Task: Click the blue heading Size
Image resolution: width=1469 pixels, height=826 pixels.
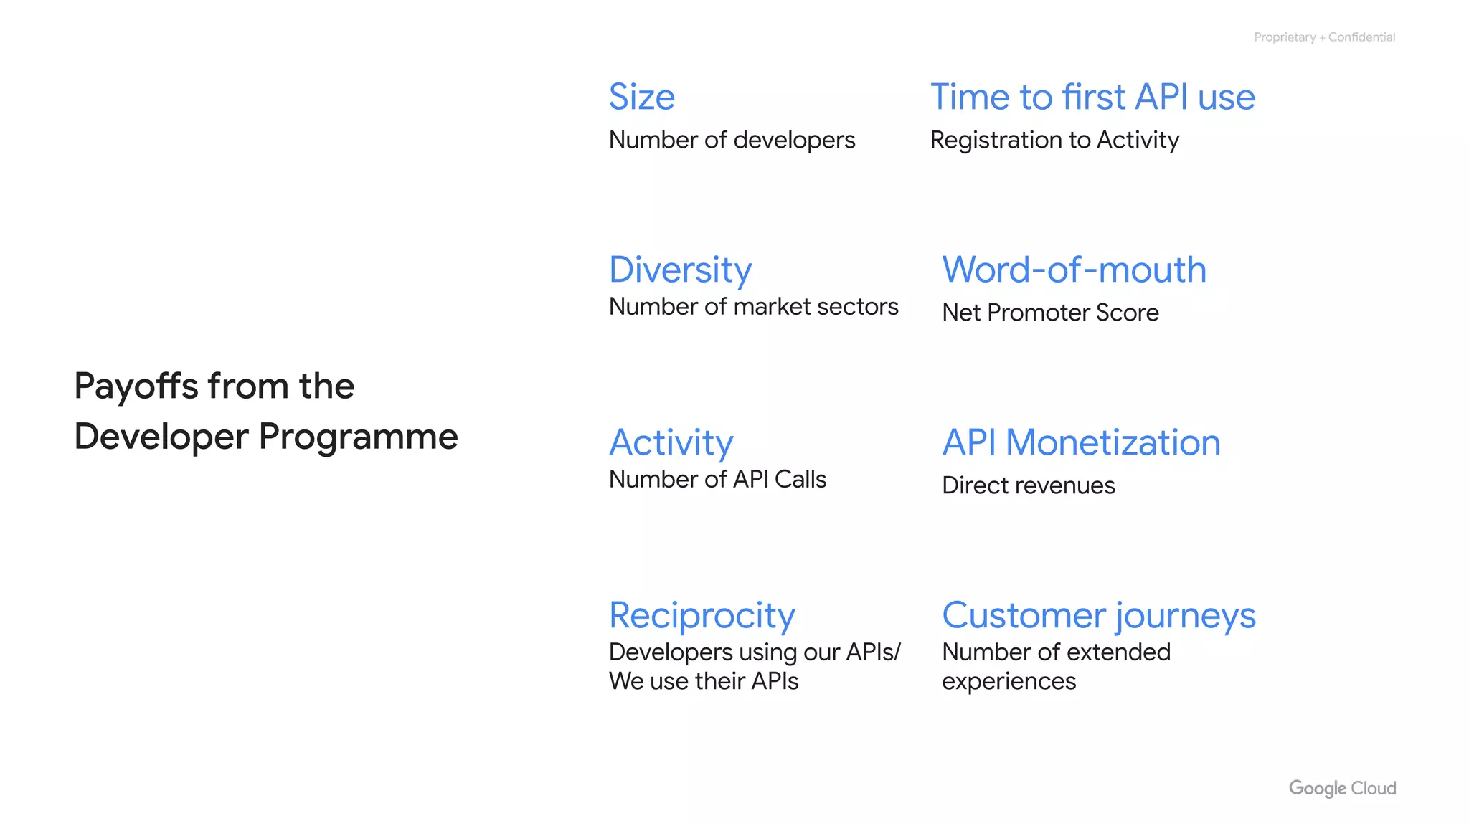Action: pos(641,97)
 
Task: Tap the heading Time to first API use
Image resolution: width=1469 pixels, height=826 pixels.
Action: pos(1092,97)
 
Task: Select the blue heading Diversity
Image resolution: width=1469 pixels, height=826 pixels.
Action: pos(680,270)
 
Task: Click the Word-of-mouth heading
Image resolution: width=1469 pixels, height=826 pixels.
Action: pos(1074,270)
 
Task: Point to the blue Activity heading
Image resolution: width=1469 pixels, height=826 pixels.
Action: pos(671,442)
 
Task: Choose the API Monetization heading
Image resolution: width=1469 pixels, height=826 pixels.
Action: pos(1080,442)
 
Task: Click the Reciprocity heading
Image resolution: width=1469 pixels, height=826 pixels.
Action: pos(702,615)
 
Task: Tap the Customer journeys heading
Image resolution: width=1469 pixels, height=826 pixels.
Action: pos(1098,615)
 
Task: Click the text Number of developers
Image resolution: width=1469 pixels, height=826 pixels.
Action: pos(732,140)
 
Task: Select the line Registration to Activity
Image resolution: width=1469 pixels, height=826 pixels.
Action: pos(1054,140)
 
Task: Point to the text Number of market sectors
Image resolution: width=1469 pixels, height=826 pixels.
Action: pos(753,307)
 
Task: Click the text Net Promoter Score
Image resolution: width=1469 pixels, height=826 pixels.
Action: pos(1050,313)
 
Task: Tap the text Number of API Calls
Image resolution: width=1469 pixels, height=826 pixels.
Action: pos(717,479)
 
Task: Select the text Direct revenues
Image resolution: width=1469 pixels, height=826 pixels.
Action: pos(1028,485)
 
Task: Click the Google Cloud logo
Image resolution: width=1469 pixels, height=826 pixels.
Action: pos(1342,788)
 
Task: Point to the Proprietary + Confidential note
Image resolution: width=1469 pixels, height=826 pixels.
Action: pos(1324,37)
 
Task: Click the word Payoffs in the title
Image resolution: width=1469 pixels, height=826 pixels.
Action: pos(136,386)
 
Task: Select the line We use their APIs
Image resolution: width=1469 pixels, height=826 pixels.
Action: pos(703,681)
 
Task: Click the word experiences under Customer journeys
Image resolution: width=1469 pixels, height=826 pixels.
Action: pos(1009,681)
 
